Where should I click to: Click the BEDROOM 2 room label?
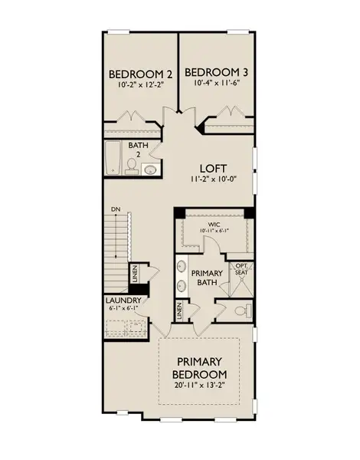140,74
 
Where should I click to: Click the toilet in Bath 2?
133,169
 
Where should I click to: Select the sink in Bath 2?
150,169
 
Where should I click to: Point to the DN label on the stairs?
115,209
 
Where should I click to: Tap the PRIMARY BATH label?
206,277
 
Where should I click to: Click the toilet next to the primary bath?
241,311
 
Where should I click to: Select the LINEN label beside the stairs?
134,273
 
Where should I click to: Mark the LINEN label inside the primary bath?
179,311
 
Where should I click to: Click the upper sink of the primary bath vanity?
182,268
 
